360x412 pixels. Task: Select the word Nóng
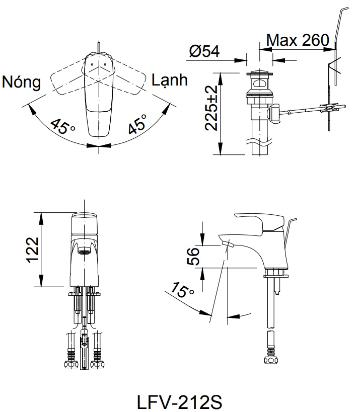pyautogui.click(x=21, y=82)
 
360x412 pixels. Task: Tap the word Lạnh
pyautogui.click(x=169, y=80)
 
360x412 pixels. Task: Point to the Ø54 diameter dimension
pyautogui.click(x=204, y=51)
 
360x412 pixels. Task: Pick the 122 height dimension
pyautogui.click(x=32, y=250)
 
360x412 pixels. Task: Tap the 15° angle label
pyautogui.click(x=182, y=291)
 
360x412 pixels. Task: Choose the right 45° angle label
pyautogui.click(x=137, y=124)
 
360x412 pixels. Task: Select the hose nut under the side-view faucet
pyautogui.click(x=271, y=359)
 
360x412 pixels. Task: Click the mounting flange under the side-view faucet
pyautogui.click(x=276, y=274)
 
